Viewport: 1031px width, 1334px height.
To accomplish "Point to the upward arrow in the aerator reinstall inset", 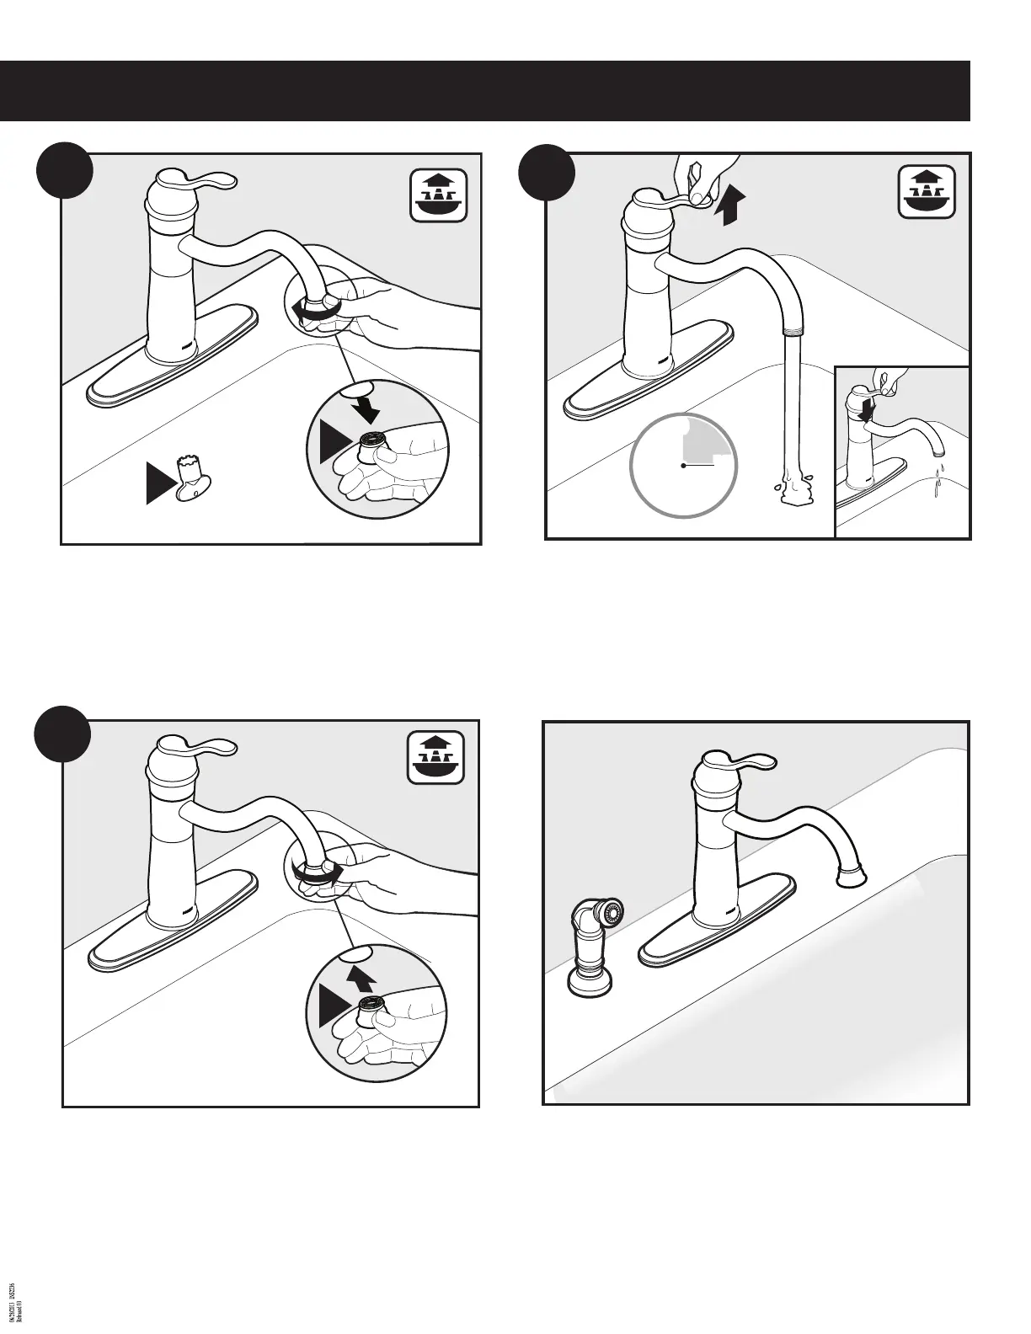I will click(362, 978).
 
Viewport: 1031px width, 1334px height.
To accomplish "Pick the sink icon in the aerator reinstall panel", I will click(435, 758).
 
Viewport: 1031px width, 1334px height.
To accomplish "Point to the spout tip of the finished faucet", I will click(852, 878).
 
